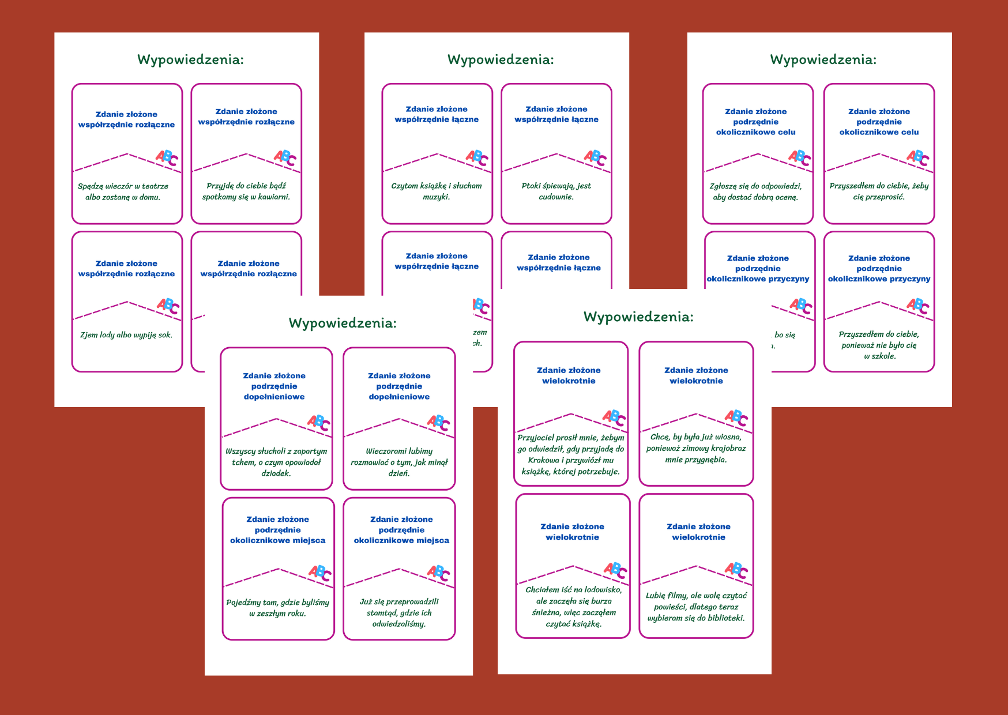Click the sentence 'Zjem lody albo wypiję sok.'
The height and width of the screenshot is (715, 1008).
pyautogui.click(x=126, y=335)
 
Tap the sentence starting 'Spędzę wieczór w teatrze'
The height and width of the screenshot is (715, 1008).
pyautogui.click(x=123, y=191)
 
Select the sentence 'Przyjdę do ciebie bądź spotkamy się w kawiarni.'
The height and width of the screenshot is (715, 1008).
pyautogui.click(x=246, y=191)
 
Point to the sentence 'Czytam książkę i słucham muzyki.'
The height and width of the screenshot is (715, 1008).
pyautogui.click(x=437, y=191)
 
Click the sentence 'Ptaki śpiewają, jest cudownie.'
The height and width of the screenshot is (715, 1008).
pyautogui.click(x=556, y=191)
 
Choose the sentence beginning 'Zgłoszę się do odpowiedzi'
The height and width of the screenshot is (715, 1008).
pyautogui.click(x=755, y=191)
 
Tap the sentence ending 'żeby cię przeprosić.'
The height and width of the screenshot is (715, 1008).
pyautogui.click(x=879, y=191)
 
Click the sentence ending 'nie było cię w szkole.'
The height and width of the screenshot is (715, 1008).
pyautogui.click(x=879, y=345)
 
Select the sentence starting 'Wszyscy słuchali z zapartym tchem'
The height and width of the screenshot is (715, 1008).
pyautogui.click(x=276, y=462)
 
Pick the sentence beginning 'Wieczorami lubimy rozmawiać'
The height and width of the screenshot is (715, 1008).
pyautogui.click(x=399, y=462)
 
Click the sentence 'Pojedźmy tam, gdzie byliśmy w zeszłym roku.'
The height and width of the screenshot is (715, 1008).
pyautogui.click(x=278, y=608)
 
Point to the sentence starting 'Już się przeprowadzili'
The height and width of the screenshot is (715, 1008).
pyautogui.click(x=399, y=612)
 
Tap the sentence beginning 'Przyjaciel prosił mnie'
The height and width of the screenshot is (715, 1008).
pyautogui.click(x=571, y=454)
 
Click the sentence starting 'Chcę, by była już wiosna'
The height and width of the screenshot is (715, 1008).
pyautogui.click(x=696, y=448)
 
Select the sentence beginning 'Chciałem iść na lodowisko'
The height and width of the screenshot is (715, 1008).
pyautogui.click(x=573, y=607)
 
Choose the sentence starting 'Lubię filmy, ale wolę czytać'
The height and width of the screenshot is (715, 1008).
pyautogui.click(x=696, y=607)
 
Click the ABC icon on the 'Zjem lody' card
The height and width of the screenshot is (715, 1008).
pyautogui.click(x=168, y=306)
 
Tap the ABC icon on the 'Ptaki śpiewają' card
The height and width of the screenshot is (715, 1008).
pyautogui.click(x=595, y=157)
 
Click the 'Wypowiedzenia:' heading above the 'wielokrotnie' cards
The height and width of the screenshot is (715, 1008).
pyautogui.click(x=638, y=317)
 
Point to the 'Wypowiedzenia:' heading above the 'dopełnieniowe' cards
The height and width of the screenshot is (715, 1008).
pyautogui.click(x=343, y=323)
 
